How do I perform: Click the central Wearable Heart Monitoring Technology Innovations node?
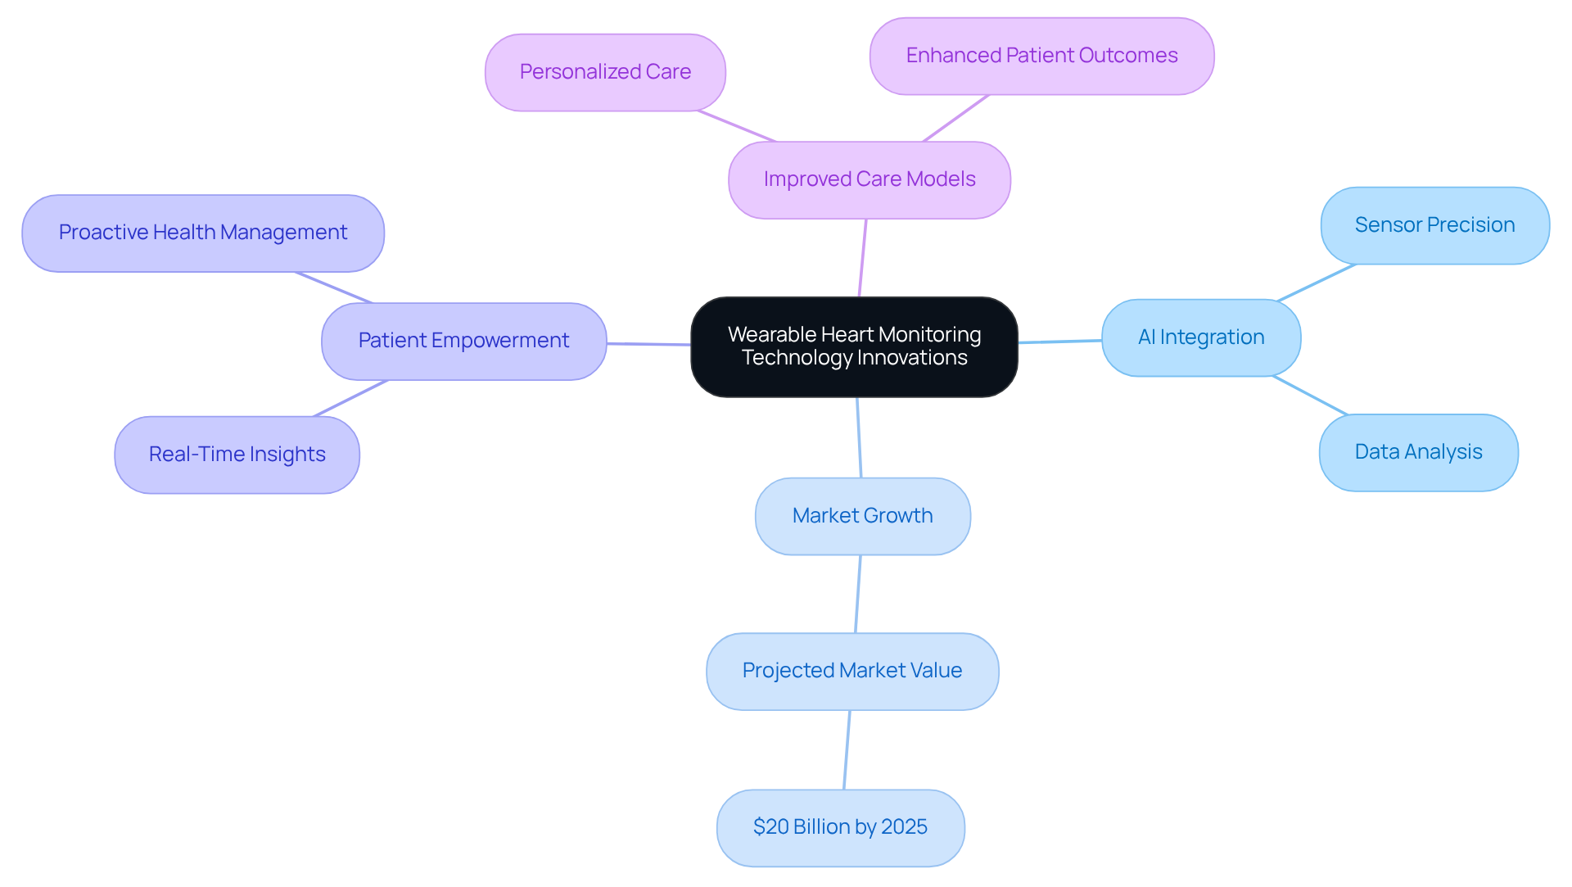pos(854,347)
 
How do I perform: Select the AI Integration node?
pos(1200,337)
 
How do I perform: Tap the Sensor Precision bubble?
pos(1434,225)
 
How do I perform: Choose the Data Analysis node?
pos(1418,452)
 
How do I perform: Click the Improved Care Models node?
pos(869,179)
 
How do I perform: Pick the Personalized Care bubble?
pos(605,72)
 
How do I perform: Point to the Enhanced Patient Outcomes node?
pos(1041,56)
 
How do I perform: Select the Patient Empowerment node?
pos(463,341)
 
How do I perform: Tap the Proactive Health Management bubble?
pos(203,233)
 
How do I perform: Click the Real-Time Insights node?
pos(237,455)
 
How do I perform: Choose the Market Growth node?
pos(862,516)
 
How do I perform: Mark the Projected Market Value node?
pos(851,671)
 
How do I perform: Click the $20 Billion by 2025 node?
pos(840,827)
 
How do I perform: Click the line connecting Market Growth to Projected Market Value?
pos(858,594)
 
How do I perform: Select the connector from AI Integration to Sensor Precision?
pos(1316,283)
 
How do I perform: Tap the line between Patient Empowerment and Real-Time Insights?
pos(350,398)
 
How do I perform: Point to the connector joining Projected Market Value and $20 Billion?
pos(847,749)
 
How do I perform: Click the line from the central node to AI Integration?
pos(1059,341)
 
